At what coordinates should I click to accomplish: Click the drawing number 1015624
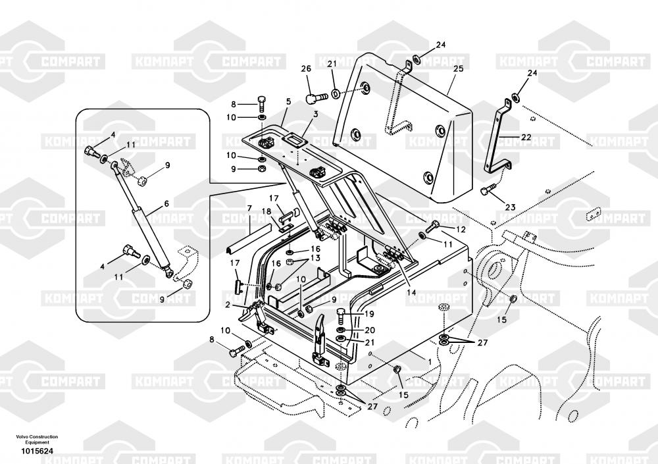[x=37, y=451]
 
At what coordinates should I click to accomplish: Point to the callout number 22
[x=526, y=137]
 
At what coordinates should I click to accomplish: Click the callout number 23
[x=510, y=207]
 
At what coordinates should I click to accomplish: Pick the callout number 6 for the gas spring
[x=166, y=204]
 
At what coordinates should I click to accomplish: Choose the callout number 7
[x=249, y=209]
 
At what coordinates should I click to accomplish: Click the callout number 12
[x=461, y=229]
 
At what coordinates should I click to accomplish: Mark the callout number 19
[x=369, y=314]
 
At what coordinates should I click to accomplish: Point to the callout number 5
[x=288, y=101]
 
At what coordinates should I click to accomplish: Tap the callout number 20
[x=369, y=330]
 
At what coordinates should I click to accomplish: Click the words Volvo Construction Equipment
[x=38, y=440]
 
